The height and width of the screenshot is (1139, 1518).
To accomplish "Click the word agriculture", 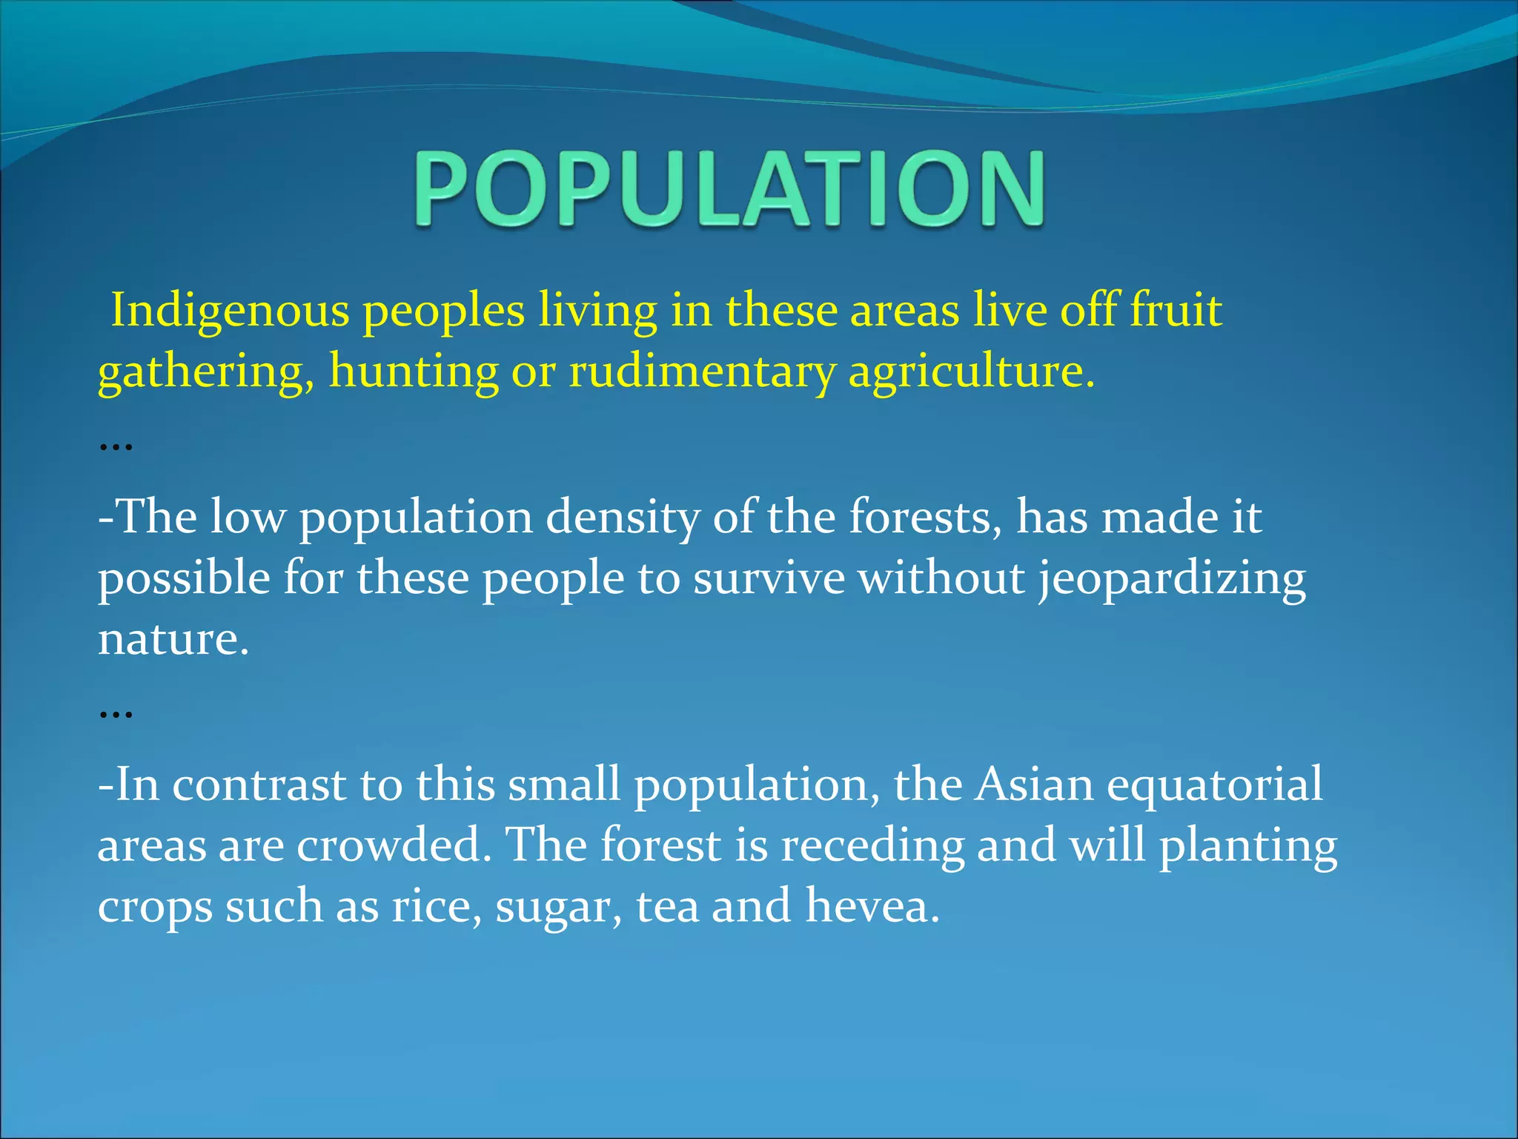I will tap(971, 372).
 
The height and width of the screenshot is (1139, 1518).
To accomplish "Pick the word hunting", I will tap(414, 372).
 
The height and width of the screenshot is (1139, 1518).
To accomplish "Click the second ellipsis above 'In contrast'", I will tap(116, 714).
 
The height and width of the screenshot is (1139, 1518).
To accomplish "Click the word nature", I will tap(172, 639).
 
